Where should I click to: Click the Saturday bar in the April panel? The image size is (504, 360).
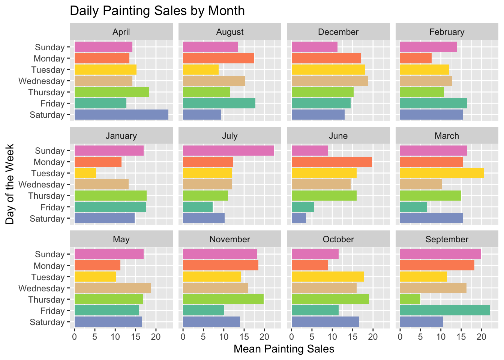click(x=121, y=115)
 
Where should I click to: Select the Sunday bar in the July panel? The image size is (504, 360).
click(x=228, y=151)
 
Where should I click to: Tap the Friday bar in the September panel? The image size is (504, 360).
click(x=445, y=310)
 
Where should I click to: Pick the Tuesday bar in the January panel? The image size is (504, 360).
click(x=85, y=173)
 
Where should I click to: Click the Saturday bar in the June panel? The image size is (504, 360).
click(x=298, y=218)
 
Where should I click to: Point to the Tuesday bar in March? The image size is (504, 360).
click(x=442, y=173)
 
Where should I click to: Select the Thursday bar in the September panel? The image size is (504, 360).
click(x=410, y=299)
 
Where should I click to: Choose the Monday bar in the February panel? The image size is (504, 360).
click(x=416, y=58)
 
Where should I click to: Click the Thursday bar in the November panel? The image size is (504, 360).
click(x=223, y=299)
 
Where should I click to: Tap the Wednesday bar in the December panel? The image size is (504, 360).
click(x=329, y=81)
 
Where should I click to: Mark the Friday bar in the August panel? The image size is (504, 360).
click(x=219, y=103)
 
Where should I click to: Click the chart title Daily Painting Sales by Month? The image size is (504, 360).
click(x=157, y=10)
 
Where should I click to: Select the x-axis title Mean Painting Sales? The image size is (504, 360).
click(x=284, y=349)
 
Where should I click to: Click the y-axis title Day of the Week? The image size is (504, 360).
click(x=10, y=184)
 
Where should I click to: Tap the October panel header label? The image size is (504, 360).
click(x=338, y=239)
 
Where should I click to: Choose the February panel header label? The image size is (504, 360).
click(x=447, y=32)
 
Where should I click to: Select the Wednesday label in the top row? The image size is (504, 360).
click(x=42, y=81)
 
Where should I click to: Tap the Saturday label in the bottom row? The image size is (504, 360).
click(x=47, y=322)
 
